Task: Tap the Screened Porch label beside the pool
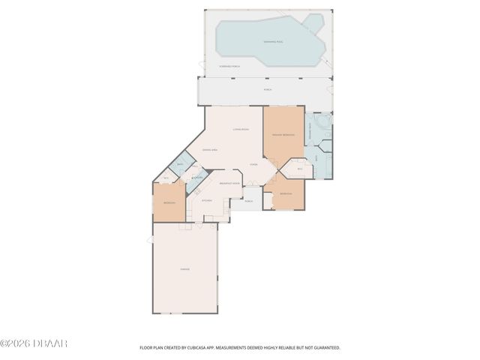tap(229, 67)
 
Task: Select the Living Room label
tap(240, 130)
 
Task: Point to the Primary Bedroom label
tap(282, 134)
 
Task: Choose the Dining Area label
tap(210, 151)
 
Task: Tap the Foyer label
tap(253, 164)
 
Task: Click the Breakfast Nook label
tap(229, 183)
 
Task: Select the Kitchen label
tap(208, 200)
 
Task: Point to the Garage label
tap(184, 269)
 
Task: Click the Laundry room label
tap(199, 178)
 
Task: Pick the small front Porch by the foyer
tap(248, 201)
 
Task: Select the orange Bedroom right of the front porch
tap(286, 194)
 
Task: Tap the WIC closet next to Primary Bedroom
tap(299, 169)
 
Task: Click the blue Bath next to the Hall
tap(180, 164)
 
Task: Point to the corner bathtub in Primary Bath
tap(322, 122)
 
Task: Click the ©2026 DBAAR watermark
tap(34, 343)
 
